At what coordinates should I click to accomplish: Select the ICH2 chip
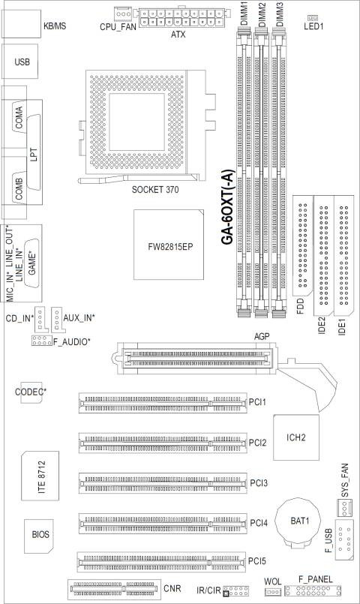point(296,437)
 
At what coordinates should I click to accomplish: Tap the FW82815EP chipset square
point(169,245)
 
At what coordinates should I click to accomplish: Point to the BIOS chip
point(39,536)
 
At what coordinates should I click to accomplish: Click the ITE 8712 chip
point(40,476)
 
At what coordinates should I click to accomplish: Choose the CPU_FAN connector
point(123,14)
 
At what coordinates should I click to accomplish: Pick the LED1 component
point(313,18)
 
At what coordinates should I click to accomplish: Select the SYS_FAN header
point(345,508)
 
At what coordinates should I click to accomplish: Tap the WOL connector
point(273,592)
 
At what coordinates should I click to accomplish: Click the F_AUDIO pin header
point(41,341)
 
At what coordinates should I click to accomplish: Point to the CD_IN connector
point(40,320)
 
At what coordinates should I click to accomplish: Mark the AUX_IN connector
point(58,320)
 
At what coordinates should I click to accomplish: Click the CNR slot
point(114,589)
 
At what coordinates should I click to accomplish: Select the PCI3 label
point(258,482)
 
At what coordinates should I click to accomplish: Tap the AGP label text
point(262,336)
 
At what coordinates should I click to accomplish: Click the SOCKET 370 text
point(155,190)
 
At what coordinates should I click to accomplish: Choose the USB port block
point(20,62)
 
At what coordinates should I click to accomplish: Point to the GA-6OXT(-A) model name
point(228,207)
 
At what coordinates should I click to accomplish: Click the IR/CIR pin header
point(235,590)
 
